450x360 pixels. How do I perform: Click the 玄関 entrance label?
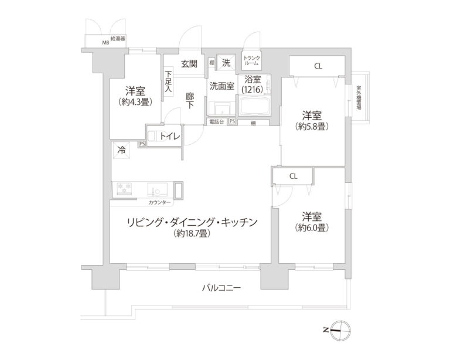click(189, 64)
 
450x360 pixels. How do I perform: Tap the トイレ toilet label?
click(170, 136)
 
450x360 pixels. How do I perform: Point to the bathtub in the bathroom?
click(254, 108)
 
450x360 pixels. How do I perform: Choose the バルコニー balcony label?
click(221, 288)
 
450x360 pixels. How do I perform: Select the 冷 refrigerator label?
click(121, 150)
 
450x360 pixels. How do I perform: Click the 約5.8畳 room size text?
click(311, 125)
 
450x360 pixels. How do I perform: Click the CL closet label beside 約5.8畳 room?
click(317, 66)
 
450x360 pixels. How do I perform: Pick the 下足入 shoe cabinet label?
click(168, 81)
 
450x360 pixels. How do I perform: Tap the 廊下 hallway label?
click(190, 101)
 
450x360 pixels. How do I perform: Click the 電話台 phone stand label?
click(216, 122)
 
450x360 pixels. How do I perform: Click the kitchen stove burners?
click(124, 189)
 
